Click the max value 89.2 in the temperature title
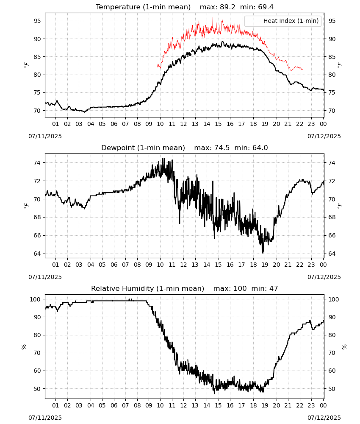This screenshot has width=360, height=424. click(x=228, y=7)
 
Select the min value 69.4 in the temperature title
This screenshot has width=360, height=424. click(x=266, y=7)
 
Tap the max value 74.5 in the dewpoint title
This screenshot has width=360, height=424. click(x=222, y=148)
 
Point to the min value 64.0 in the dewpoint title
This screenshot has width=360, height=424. click(x=260, y=148)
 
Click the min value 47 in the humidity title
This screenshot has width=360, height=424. click(x=274, y=288)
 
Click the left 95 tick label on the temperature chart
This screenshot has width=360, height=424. click(x=37, y=21)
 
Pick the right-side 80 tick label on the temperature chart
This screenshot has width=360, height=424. click(x=332, y=75)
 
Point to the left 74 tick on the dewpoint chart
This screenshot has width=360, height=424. click(x=37, y=163)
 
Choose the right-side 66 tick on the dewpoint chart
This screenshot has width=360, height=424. click(x=332, y=235)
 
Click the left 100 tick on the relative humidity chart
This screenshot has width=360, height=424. click(x=35, y=299)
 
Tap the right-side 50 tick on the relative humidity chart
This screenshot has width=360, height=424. click(x=332, y=389)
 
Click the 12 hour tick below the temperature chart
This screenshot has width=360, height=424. click(x=183, y=124)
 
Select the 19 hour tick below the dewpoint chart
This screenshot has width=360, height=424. click(x=265, y=265)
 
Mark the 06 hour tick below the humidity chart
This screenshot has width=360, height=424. click(x=114, y=406)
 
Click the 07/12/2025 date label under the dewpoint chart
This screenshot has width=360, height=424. click(x=324, y=277)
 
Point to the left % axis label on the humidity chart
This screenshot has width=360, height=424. click(x=24, y=347)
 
